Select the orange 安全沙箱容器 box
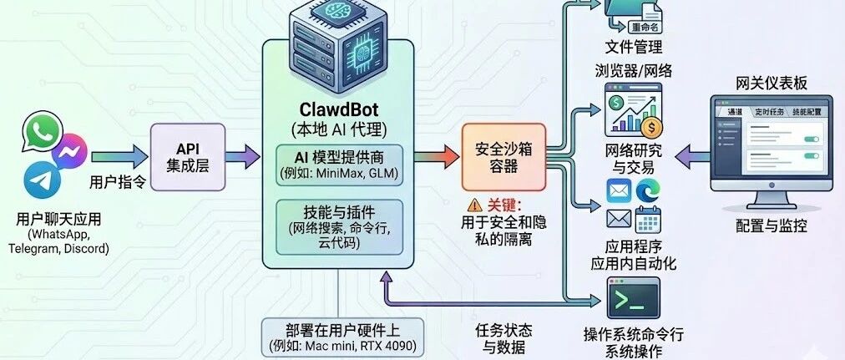click(498, 156)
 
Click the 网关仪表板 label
click(771, 84)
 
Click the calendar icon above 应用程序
click(648, 221)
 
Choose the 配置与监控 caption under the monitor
click(772, 226)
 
